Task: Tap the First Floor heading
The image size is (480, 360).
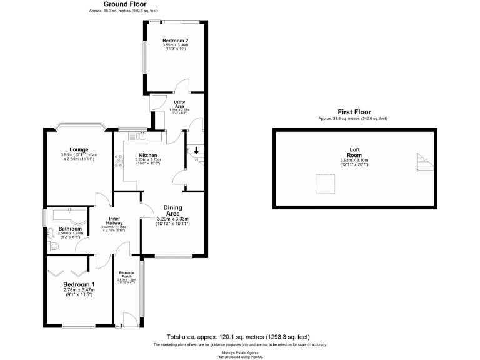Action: [352, 112]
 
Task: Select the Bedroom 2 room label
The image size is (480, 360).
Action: [176, 41]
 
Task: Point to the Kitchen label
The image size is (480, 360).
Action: [148, 155]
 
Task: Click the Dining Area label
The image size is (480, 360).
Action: [172, 211]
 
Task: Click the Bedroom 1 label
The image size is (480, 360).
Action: [78, 283]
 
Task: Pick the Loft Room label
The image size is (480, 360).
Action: [354, 152]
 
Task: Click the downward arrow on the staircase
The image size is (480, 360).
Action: [197, 150]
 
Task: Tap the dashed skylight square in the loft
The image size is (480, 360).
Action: [324, 184]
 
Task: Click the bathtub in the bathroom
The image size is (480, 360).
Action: [69, 217]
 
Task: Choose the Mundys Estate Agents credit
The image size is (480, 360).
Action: [240, 352]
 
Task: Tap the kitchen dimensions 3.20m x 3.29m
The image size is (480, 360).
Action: [148, 160]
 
